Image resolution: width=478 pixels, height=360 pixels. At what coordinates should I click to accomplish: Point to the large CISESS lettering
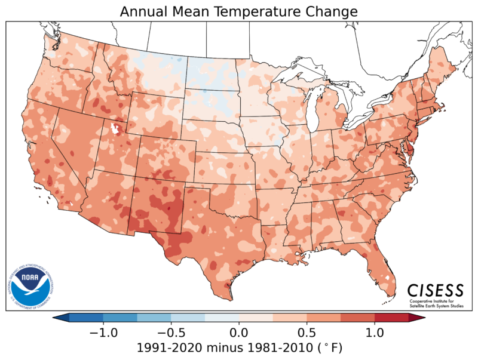tap(435, 290)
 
